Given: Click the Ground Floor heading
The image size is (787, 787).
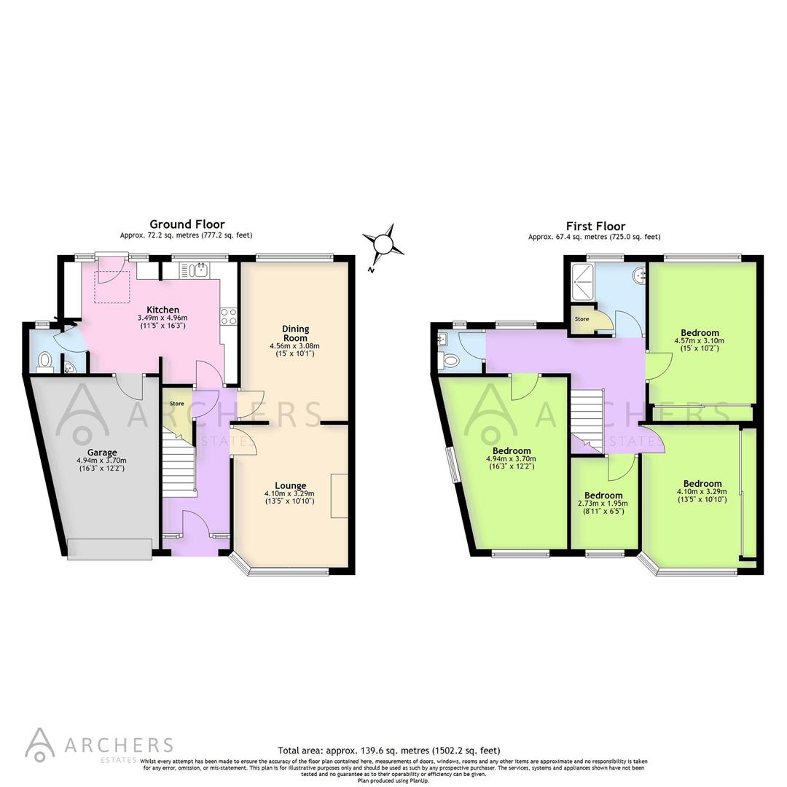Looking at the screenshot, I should (x=187, y=224).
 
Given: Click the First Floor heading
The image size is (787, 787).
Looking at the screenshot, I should (x=595, y=226).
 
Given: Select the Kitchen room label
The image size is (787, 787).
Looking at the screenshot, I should (x=163, y=310).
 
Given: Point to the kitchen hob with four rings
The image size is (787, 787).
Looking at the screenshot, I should (x=227, y=316).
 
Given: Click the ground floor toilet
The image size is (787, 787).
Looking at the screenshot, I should (x=45, y=359).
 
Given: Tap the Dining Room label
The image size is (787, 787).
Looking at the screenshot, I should (x=295, y=333).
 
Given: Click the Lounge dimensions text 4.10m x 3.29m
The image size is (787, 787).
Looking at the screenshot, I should (x=290, y=493).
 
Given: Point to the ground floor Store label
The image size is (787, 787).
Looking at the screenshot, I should (x=176, y=404).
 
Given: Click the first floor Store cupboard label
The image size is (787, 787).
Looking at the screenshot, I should (x=582, y=319).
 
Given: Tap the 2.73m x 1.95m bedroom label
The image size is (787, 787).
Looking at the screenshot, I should (x=603, y=503).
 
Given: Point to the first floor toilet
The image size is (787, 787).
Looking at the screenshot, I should (x=450, y=359).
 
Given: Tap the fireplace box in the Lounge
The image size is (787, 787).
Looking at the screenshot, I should (x=339, y=496).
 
